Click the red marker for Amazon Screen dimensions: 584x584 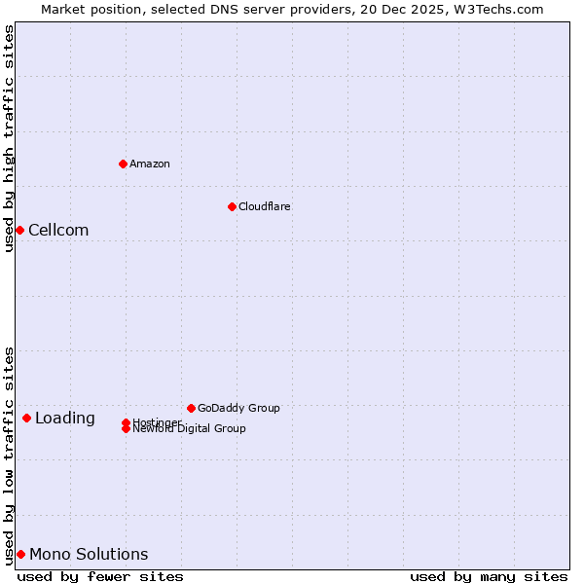click(x=123, y=164)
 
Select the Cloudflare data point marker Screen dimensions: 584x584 click(x=232, y=206)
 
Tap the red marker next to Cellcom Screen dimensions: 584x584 click(x=19, y=230)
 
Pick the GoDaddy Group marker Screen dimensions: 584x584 click(x=191, y=408)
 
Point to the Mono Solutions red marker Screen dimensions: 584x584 click(x=20, y=554)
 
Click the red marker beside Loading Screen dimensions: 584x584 click(x=26, y=418)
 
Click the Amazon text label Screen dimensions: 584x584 click(x=150, y=164)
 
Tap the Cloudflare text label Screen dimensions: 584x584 click(x=265, y=206)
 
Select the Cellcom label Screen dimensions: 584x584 click(x=58, y=231)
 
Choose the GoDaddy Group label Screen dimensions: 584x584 click(x=238, y=408)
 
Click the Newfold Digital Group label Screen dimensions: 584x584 click(x=190, y=429)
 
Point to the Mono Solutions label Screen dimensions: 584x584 click(x=89, y=555)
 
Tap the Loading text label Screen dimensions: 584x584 click(x=65, y=419)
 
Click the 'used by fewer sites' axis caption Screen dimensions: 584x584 click(x=100, y=577)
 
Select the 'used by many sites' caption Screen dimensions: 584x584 click(x=489, y=577)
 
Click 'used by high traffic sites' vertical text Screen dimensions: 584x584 click(x=9, y=138)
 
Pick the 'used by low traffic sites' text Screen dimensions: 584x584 click(x=9, y=455)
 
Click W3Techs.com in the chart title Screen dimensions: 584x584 click(x=500, y=9)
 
